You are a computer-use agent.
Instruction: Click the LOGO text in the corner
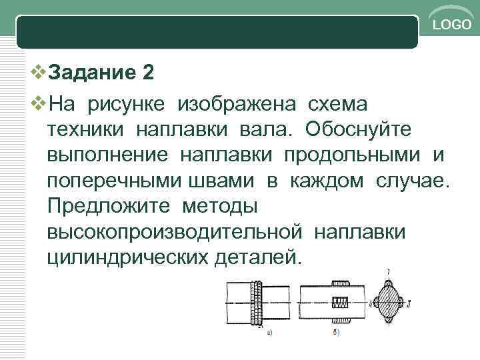coord(451,26)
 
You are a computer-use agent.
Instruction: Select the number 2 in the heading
coord(149,72)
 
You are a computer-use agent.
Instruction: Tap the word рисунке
coord(128,104)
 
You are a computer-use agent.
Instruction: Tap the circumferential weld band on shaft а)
coord(255,302)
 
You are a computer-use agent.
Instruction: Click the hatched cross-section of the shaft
coord(389,303)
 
